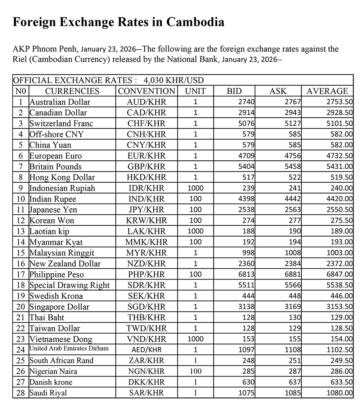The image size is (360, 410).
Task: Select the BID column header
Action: [234, 91]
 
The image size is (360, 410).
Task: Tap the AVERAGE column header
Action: [327, 91]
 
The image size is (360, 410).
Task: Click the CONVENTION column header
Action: [147, 91]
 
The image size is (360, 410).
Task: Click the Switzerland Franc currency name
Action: [61, 123]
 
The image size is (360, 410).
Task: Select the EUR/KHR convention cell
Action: [147, 156]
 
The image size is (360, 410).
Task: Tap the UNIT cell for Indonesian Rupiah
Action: [195, 188]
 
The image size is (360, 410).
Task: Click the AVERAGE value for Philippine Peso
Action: [340, 274]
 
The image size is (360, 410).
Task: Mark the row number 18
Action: [21, 285]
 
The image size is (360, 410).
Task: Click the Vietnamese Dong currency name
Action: [60, 339]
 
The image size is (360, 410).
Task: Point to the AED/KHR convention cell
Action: [147, 350]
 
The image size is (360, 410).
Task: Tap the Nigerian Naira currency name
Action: [53, 372]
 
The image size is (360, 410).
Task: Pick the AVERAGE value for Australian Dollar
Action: [340, 102]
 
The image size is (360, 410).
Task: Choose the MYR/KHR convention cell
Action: [147, 253]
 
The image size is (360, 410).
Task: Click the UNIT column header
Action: [195, 91]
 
